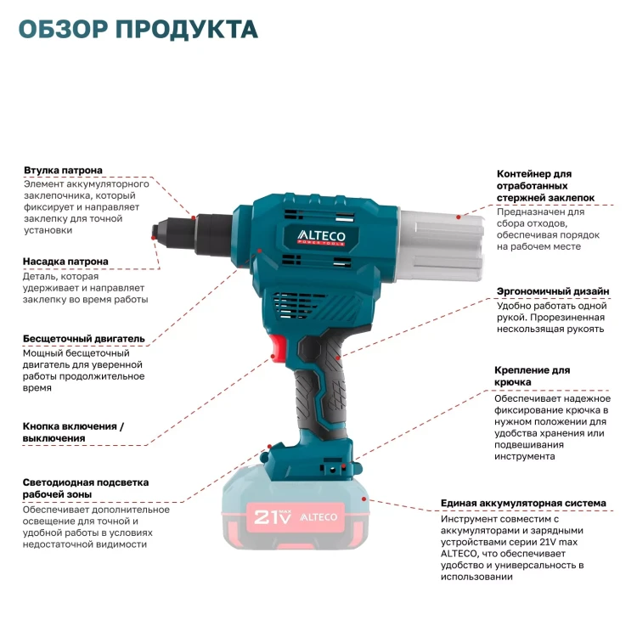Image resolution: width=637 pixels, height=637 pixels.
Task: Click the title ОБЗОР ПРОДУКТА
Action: pyautogui.click(x=138, y=29)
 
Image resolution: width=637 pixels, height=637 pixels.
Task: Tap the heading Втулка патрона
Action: pyautogui.click(x=63, y=170)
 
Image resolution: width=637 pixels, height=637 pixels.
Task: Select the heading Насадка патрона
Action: pyautogui.click(x=65, y=262)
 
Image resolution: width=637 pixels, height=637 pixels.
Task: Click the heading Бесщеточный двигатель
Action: pyautogui.click(x=84, y=338)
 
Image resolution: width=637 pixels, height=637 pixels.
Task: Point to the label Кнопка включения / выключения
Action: pyautogui.click(x=73, y=432)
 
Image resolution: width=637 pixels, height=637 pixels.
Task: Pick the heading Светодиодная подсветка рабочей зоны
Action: pyautogui.click(x=86, y=488)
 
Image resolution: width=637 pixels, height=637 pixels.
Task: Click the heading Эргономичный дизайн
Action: pyautogui.click(x=553, y=291)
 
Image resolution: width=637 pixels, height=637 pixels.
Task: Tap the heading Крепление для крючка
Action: pyautogui.click(x=533, y=376)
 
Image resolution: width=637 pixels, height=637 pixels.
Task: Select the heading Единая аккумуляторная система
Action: pyautogui.click(x=523, y=503)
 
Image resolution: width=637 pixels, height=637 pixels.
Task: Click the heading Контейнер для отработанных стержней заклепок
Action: pyautogui.click(x=545, y=186)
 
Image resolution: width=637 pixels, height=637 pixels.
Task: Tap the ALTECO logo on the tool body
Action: pyautogui.click(x=321, y=237)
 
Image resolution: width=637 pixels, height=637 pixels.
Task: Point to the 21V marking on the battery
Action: pyautogui.click(x=273, y=516)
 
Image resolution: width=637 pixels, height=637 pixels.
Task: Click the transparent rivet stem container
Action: pyautogui.click(x=441, y=245)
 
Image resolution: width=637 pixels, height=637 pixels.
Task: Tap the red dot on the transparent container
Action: pyautogui.click(x=459, y=217)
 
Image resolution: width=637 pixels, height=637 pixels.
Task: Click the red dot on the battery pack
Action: pyautogui.click(x=364, y=499)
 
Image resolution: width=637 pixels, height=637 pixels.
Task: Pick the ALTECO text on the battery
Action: pyautogui.click(x=318, y=517)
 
